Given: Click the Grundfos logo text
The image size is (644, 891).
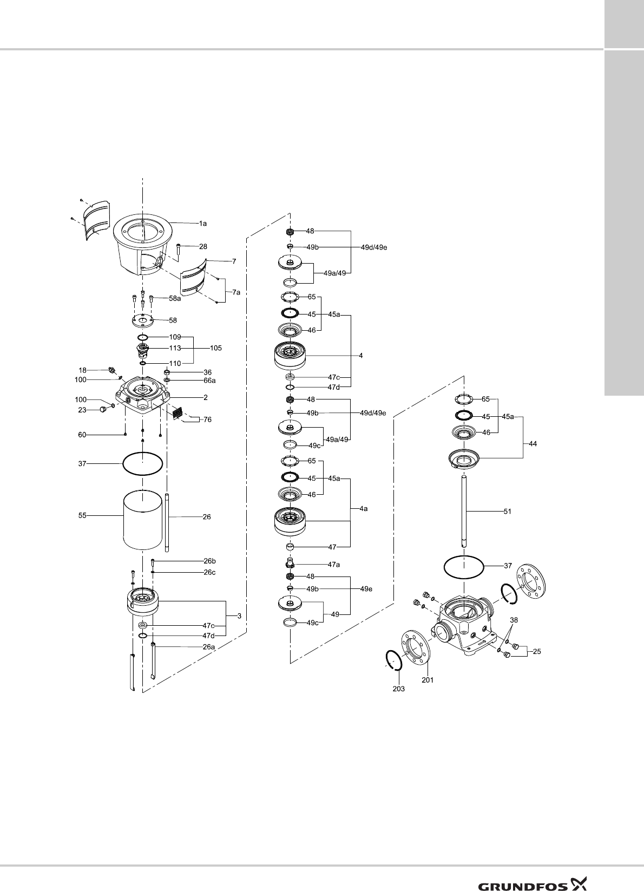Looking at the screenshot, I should tap(522, 871).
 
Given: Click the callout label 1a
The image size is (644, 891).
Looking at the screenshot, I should tap(203, 223).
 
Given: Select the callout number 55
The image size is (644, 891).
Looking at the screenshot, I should tap(82, 516).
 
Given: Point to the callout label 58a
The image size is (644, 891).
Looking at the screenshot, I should tap(175, 298).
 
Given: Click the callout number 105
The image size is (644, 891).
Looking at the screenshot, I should tap(216, 348).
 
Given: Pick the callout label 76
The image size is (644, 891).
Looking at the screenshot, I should tap(207, 420).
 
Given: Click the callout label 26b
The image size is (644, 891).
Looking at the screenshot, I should tap(209, 561).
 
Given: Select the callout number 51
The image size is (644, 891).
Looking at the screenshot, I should tap(507, 511).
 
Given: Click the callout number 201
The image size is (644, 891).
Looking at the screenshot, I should tap(428, 680).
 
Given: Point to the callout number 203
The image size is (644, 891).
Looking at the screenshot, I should tap(398, 689).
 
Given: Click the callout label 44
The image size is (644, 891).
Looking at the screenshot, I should tap(533, 443).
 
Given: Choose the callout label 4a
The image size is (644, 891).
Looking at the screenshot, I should tap(364, 509).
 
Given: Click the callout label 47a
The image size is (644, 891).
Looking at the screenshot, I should tap(334, 565).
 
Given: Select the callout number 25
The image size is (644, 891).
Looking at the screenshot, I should tap(537, 652).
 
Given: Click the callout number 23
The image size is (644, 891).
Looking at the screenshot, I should tap(82, 410).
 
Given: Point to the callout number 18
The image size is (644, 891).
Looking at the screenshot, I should tap(83, 371).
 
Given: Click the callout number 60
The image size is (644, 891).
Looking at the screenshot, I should tap(82, 434).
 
